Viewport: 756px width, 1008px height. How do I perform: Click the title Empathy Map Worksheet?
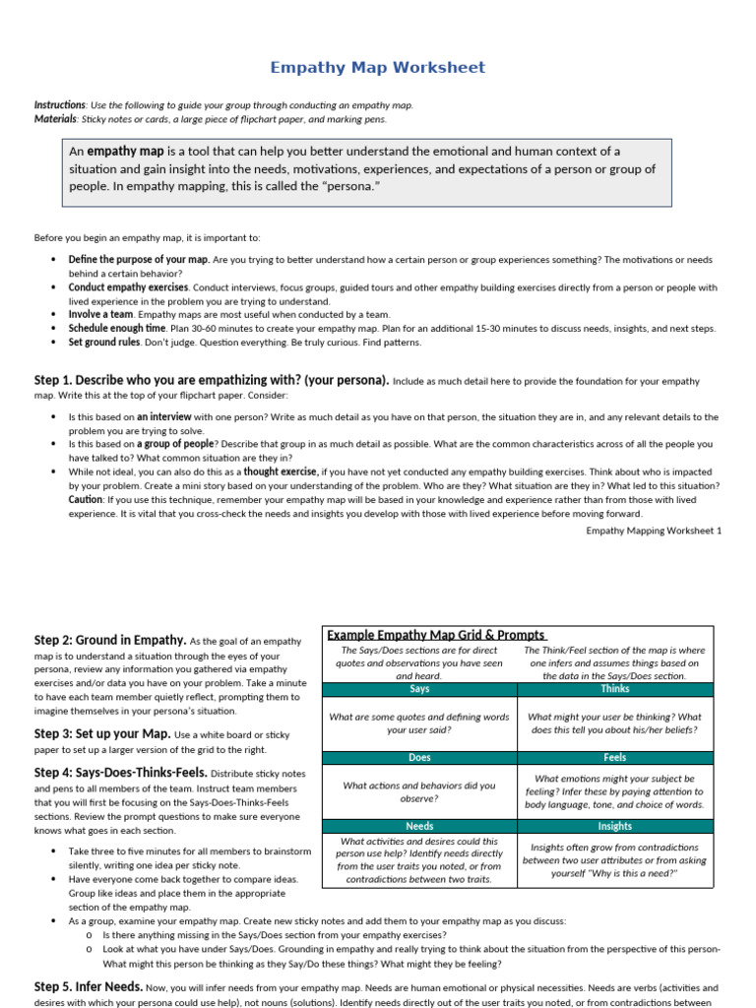point(378,68)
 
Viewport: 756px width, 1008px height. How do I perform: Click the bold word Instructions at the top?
point(59,105)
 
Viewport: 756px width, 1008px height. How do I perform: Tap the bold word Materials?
point(55,119)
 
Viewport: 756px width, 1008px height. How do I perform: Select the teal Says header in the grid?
point(419,690)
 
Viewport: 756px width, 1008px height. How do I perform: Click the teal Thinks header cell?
point(614,690)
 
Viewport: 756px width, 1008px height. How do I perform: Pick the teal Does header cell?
point(419,758)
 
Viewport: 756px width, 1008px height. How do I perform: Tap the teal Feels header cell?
point(614,758)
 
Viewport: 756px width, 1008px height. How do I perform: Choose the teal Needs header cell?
point(419,826)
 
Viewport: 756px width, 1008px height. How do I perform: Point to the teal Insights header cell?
point(614,826)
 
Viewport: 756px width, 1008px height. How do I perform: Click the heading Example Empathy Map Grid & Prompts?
point(436,635)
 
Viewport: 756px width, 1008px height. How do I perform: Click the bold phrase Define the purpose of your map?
point(139,260)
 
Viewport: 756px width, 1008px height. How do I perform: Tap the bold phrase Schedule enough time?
point(116,329)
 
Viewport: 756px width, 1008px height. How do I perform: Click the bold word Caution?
point(86,500)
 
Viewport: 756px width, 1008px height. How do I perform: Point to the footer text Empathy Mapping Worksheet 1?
point(654,531)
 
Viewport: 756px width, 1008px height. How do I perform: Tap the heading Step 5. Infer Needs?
point(89,986)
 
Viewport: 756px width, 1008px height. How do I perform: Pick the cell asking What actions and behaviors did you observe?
point(419,791)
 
